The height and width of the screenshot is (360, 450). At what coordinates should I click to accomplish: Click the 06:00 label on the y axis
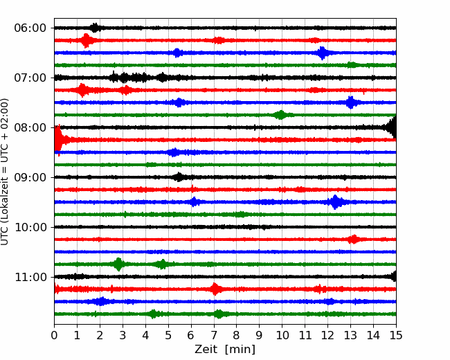(x=30, y=28)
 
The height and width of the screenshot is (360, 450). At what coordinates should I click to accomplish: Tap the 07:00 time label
(x=30, y=78)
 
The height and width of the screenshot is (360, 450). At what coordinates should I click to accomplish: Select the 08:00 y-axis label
(x=30, y=127)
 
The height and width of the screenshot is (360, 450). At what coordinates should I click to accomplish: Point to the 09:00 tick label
(x=30, y=177)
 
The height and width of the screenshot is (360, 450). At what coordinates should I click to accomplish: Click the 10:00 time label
(x=30, y=227)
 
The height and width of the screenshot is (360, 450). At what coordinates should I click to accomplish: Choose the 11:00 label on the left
(x=30, y=277)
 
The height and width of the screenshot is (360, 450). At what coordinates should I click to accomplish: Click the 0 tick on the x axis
(x=54, y=335)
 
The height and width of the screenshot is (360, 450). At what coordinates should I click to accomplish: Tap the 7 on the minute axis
(x=214, y=335)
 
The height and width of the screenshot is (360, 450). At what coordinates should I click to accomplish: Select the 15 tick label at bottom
(x=396, y=335)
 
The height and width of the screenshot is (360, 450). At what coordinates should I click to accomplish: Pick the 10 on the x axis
(x=282, y=335)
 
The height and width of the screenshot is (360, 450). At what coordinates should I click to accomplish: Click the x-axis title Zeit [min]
(x=225, y=350)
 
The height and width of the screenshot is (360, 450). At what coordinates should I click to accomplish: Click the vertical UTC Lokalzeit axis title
(x=5, y=172)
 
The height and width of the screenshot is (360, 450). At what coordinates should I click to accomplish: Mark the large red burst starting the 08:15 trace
(x=59, y=140)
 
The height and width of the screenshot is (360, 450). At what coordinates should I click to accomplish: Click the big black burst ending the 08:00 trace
(x=392, y=127)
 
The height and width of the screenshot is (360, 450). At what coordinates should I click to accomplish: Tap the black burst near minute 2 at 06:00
(x=95, y=28)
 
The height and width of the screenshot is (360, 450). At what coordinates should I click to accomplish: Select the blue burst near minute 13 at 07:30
(x=350, y=102)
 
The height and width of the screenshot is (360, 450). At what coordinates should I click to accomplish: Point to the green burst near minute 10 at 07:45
(x=280, y=115)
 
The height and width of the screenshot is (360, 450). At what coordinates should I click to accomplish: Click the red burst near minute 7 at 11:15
(x=215, y=289)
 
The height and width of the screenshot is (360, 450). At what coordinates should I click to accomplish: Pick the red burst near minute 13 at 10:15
(x=354, y=239)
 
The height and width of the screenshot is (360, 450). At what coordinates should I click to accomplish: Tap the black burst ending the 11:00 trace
(x=394, y=276)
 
